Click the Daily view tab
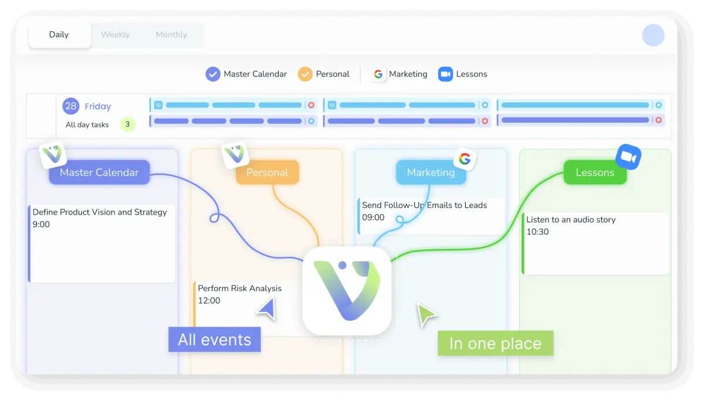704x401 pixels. (59, 35)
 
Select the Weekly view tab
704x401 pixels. (115, 35)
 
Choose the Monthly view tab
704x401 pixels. (171, 35)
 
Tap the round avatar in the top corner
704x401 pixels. (653, 35)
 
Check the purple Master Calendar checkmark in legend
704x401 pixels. (212, 74)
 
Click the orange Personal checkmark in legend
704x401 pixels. (305, 74)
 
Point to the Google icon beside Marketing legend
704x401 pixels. (378, 74)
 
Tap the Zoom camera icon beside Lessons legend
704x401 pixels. (445, 74)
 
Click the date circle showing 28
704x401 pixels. (71, 106)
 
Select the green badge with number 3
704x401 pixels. (127, 124)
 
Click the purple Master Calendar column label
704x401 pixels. (99, 173)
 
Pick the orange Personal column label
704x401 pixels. (267, 173)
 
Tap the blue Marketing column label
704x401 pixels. (431, 173)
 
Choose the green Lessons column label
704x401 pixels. (595, 173)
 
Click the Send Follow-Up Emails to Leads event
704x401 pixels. (431, 216)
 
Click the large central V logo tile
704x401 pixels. (347, 291)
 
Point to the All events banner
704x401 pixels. (214, 339)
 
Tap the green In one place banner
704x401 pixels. (495, 343)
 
